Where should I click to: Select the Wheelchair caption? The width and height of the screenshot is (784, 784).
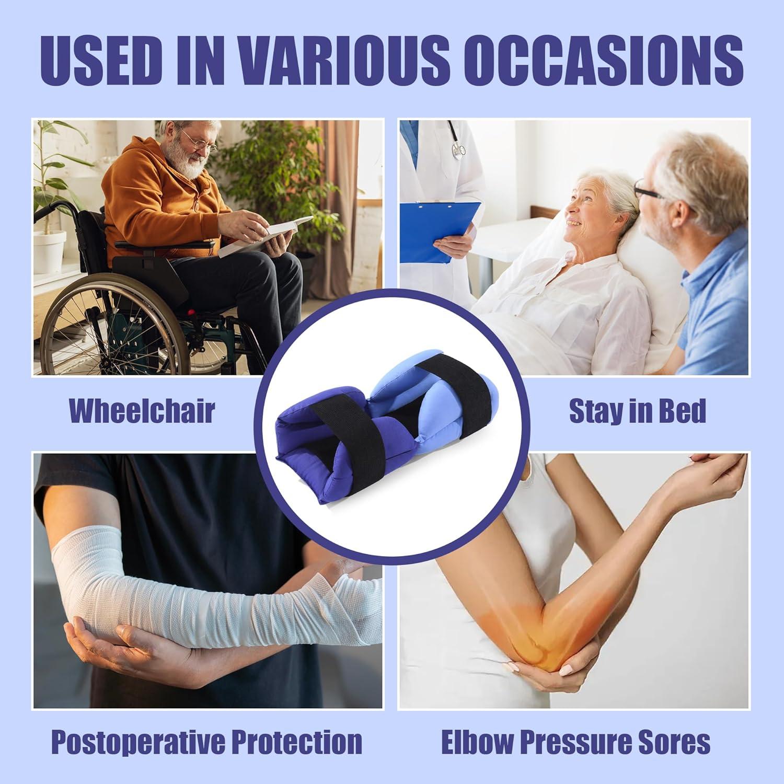click(142, 411)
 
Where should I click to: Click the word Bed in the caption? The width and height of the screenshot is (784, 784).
click(681, 411)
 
